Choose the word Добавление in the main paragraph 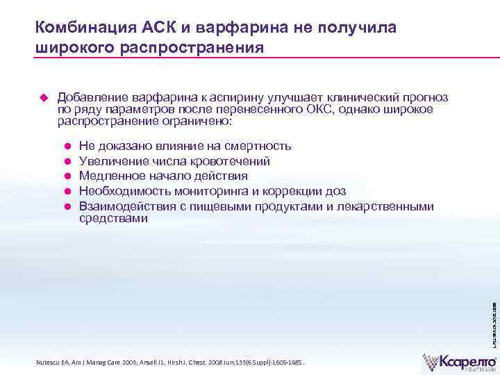point(88,97)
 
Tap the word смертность point(259,146)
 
